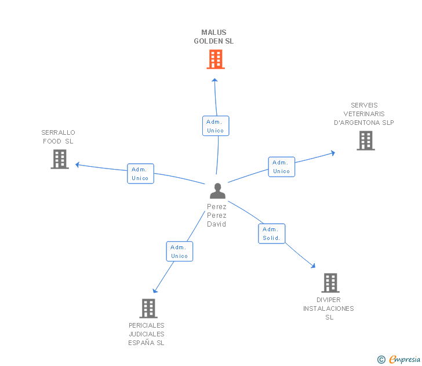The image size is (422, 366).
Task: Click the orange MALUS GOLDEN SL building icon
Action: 216,59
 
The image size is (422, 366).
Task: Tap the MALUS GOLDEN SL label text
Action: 214,37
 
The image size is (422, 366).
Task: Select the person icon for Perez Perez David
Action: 217,191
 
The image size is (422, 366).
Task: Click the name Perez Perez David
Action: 217,216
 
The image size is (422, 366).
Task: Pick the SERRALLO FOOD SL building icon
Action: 60,159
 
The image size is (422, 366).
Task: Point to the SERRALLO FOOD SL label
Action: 58,137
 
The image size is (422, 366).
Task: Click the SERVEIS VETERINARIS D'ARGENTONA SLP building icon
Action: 365,141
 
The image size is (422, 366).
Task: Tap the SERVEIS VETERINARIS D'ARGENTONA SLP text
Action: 364,114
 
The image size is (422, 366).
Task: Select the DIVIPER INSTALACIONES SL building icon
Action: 330,283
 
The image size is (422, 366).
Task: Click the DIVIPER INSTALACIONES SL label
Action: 329,308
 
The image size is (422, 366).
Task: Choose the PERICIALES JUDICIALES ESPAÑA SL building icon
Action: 148,308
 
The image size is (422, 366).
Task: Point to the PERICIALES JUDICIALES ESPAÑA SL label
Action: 147,334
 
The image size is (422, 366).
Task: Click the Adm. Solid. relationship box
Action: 271,234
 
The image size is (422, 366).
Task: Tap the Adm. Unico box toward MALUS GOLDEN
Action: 216,126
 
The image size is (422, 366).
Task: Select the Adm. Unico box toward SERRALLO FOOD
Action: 140,174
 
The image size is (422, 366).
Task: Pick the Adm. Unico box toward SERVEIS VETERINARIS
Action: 282,167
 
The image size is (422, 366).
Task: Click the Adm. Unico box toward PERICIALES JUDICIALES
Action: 180,252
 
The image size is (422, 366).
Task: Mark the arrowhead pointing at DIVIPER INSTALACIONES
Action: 313,265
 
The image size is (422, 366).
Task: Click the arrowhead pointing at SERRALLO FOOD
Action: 77,164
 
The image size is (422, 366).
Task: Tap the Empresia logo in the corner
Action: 399,360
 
